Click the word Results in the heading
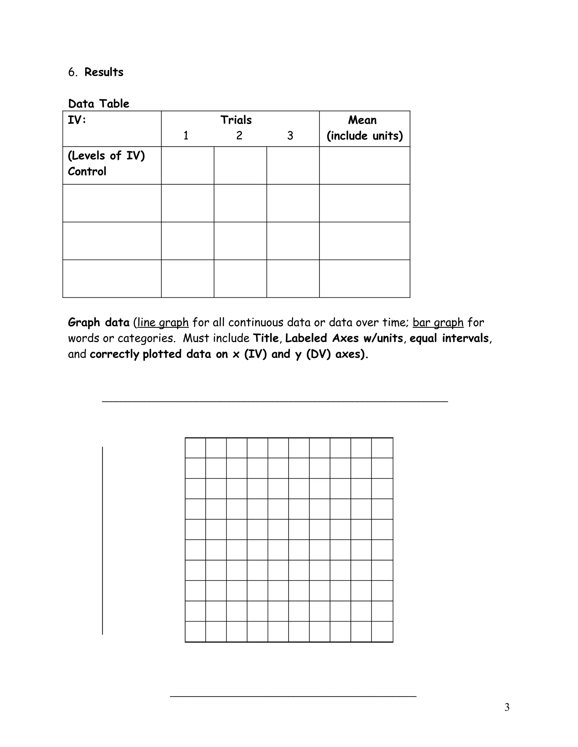104,72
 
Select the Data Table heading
98,104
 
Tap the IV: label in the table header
77,120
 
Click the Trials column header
236,120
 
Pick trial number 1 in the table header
186,136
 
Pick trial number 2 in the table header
239,136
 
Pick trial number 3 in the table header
290,136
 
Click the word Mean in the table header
362,120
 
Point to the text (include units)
364,136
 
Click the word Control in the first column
87,171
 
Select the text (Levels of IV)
106,156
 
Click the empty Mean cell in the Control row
364,165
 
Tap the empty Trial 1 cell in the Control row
188,165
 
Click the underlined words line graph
163,322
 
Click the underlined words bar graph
438,322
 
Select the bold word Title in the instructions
266,338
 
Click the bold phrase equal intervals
449,338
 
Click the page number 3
507,707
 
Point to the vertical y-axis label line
102,540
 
